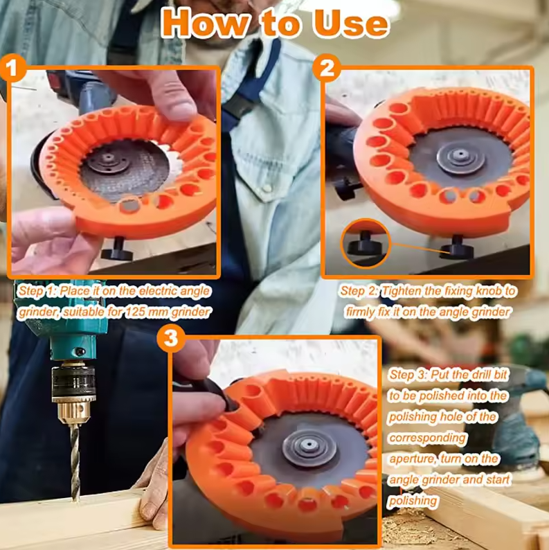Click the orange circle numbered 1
[15, 71]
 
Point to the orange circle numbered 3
[171, 339]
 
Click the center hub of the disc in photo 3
[307, 441]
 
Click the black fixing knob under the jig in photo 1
[118, 249]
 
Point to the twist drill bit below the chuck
[75, 457]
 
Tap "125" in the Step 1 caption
[137, 312]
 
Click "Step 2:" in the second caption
[360, 291]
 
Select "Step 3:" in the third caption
[409, 375]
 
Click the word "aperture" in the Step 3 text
[413, 459]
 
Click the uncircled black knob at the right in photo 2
[457, 247]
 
